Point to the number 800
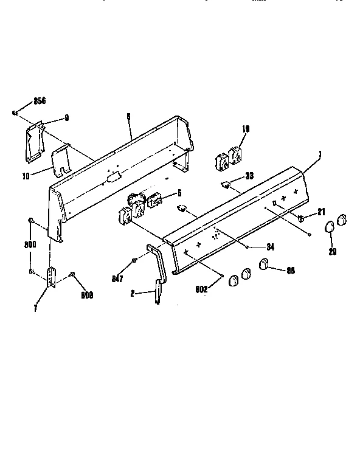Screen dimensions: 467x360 (x=30, y=244)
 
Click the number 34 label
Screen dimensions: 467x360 (x=268, y=246)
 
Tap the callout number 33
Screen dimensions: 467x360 (x=249, y=176)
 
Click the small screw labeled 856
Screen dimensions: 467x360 (x=14, y=112)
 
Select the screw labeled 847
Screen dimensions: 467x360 (x=133, y=261)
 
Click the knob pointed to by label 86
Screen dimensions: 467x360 (x=265, y=263)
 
